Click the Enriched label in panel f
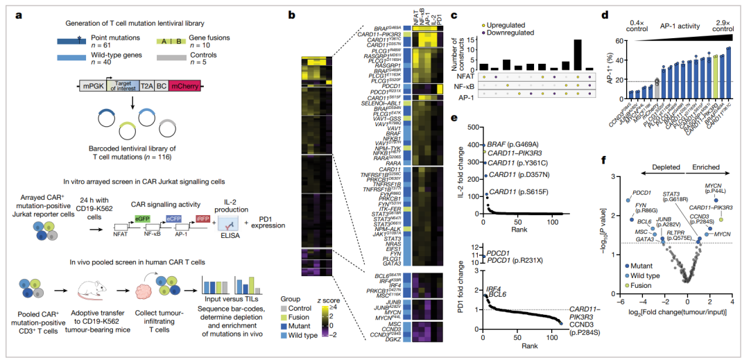(x=703, y=167)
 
